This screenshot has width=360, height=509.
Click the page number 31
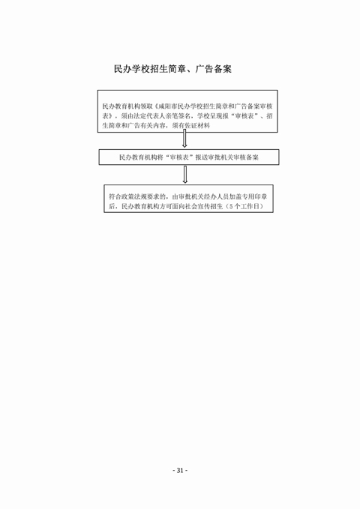tap(180, 470)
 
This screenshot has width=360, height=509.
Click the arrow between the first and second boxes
tap(184, 139)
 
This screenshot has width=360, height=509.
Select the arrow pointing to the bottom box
tap(185, 175)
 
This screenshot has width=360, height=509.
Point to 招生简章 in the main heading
tap(167, 69)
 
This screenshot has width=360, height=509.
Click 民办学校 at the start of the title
tap(131, 69)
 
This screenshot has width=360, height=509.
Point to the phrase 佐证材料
tap(197, 126)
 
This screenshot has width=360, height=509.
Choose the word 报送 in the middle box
tap(202, 157)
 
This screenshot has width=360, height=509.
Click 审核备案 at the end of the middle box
tap(246, 157)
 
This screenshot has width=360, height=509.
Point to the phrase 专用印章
tap(255, 196)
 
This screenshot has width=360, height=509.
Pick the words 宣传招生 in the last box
tap(210, 206)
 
